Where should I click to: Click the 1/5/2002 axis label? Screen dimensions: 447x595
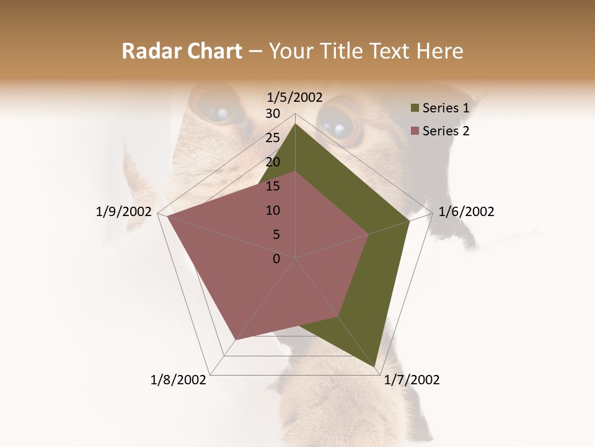[x=294, y=97]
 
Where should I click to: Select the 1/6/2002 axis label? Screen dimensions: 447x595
[x=466, y=212]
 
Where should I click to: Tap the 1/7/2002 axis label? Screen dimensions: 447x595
[x=412, y=380]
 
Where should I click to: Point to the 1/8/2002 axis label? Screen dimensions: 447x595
[x=178, y=380]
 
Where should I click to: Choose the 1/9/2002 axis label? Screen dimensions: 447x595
[x=124, y=212]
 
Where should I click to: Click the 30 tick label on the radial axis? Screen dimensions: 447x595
[x=273, y=114]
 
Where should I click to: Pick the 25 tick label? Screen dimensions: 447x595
[x=273, y=138]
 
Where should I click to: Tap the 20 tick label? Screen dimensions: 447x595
[x=273, y=162]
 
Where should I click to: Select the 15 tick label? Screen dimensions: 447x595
[x=273, y=186]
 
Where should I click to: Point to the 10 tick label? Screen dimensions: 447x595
[x=273, y=210]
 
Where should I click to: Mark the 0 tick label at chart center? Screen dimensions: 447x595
[x=276, y=259]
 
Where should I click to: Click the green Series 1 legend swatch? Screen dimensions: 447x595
[x=415, y=109]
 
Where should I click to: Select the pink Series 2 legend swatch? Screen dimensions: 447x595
[x=415, y=131]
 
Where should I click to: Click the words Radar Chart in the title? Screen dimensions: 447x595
[x=182, y=52]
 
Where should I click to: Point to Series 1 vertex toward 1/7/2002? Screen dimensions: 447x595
[x=376, y=369]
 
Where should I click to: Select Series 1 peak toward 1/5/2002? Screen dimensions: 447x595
[x=296, y=124]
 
